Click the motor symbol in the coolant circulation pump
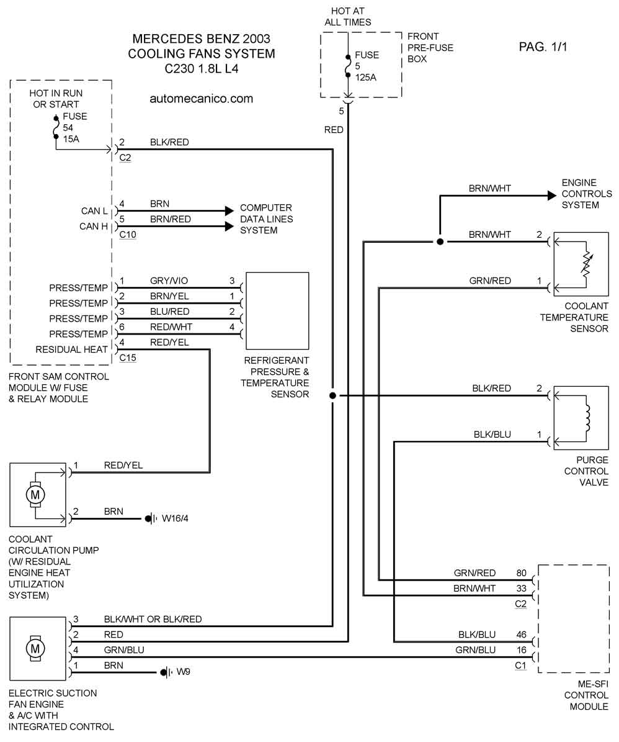pos(35,494)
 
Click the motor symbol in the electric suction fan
pos(35,649)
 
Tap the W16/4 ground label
pos(175,518)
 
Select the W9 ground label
pos(184,672)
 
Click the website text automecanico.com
pos(202,98)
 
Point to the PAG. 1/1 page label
pos(543,47)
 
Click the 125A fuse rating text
pos(365,77)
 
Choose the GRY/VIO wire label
pos(169,281)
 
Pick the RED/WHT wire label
pos(171,327)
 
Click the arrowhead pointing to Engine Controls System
pos(551,196)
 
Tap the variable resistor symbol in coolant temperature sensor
pos(586,264)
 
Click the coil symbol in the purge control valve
pos(586,417)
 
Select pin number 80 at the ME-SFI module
pos(521,573)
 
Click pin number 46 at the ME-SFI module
pos(521,635)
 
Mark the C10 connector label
pos(128,235)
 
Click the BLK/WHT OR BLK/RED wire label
pos(153,619)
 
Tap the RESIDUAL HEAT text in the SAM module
pos(71,350)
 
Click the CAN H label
pos(94,227)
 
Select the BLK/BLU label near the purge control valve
pos(492,435)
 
